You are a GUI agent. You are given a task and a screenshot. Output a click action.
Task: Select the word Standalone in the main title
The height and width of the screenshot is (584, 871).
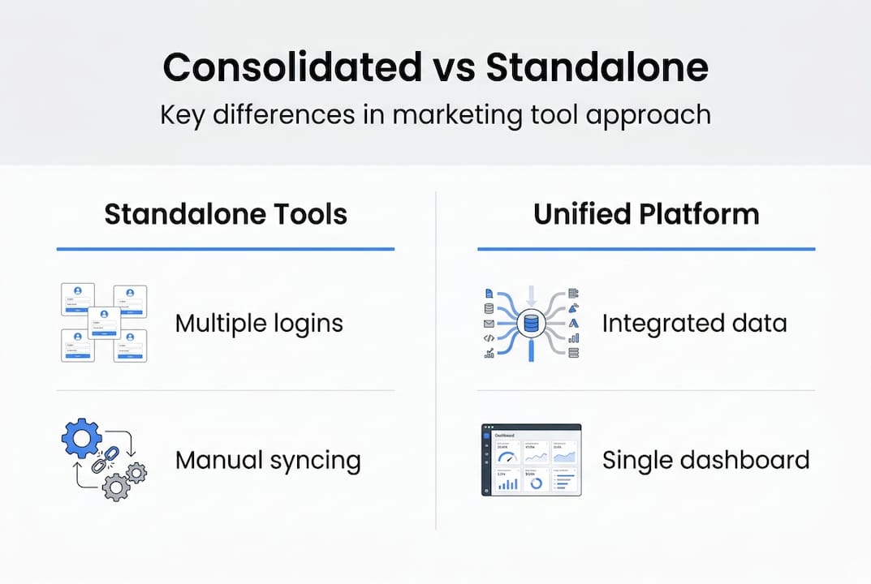point(597,69)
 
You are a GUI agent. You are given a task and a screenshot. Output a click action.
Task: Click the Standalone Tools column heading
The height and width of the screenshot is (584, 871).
point(226,214)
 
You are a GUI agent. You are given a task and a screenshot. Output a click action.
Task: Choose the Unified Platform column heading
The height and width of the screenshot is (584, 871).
point(646,214)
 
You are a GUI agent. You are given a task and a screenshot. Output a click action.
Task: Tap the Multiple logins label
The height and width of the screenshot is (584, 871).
point(259,324)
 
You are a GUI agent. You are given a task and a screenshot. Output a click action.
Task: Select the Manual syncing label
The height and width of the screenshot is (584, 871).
point(268,461)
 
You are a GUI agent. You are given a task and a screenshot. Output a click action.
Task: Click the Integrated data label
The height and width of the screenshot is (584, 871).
point(694,324)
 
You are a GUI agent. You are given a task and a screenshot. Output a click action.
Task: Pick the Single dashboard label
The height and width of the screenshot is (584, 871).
point(705,461)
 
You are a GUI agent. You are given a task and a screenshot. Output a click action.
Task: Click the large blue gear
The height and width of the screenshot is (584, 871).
point(82,440)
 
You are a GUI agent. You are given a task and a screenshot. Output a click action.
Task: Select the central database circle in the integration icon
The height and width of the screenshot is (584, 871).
point(530,324)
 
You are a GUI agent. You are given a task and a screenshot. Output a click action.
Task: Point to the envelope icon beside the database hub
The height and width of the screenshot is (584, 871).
point(489,323)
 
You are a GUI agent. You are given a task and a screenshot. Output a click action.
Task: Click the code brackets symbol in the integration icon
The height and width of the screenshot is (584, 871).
point(489,338)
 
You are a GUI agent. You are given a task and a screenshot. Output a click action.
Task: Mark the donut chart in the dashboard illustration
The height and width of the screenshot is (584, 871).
point(536,483)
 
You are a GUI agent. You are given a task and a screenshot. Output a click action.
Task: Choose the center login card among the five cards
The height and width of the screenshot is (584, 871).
point(104,323)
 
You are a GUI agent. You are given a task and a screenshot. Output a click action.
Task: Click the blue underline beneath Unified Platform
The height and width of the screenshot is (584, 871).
point(646,249)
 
